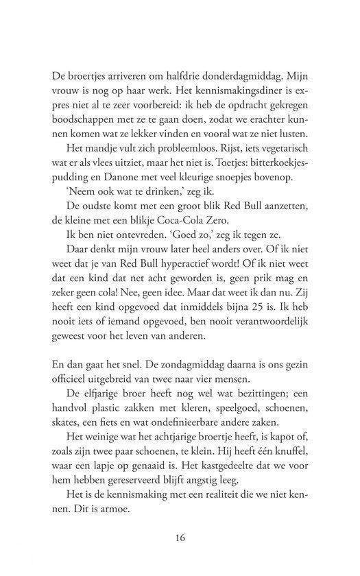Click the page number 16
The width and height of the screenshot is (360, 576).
180,538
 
